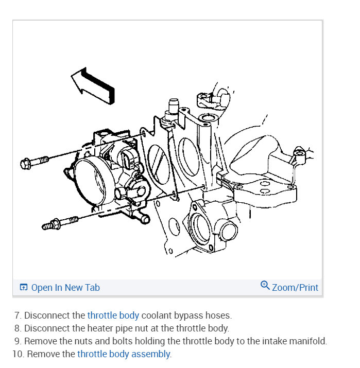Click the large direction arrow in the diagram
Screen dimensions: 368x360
coord(93,85)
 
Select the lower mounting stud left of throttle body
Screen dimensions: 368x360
coord(60,223)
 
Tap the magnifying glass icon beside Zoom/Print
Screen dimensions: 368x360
coord(265,286)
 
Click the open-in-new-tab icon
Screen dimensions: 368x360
coord(23,288)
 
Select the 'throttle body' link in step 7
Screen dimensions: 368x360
coord(113,315)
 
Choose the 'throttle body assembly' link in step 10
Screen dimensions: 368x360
coord(124,354)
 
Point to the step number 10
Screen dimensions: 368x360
coord(16,354)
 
